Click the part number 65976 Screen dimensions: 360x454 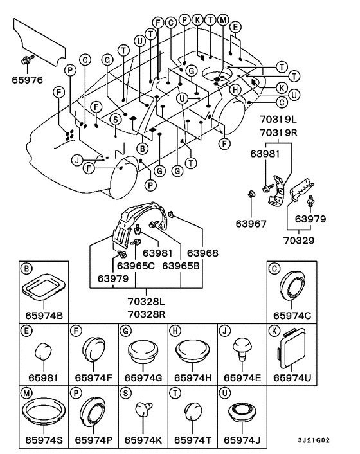pyautogui.click(x=27, y=80)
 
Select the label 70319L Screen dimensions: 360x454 pyautogui.click(x=278, y=120)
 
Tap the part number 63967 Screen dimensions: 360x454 pyautogui.click(x=251, y=224)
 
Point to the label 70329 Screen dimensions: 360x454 pyautogui.click(x=299, y=240)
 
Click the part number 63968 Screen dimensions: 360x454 pyautogui.click(x=203, y=253)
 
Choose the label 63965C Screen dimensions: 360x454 pyautogui.click(x=136, y=266)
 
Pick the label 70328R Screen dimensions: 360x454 pyautogui.click(x=147, y=314)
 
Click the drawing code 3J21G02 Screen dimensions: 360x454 pyautogui.click(x=314, y=440)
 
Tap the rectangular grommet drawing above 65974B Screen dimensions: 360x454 pyautogui.click(x=44, y=287)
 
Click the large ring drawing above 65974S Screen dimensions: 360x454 pyautogui.click(x=44, y=412)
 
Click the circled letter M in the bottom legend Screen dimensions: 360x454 pyautogui.click(x=26, y=393)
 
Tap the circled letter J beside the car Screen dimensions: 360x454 pyautogui.click(x=77, y=160)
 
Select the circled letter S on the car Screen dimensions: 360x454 pyautogui.click(x=116, y=119)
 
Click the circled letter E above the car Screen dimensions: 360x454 pyautogui.click(x=235, y=27)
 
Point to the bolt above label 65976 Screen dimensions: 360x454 pyautogui.click(x=26, y=60)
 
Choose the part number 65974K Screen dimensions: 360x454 pyautogui.click(x=143, y=440)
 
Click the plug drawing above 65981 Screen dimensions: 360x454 pyautogui.click(x=43, y=351)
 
